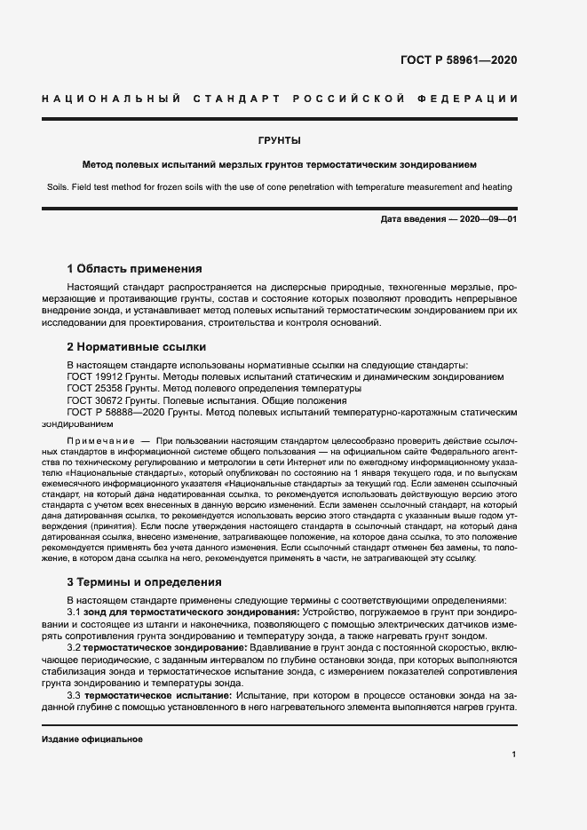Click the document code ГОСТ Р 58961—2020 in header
pyautogui.click(x=459, y=61)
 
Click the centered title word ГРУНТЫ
pyautogui.click(x=279, y=140)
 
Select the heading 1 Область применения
pyautogui.click(x=135, y=268)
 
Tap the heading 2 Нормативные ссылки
pyautogui.click(x=137, y=347)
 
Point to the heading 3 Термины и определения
pyautogui.click(x=145, y=582)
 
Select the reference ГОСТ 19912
pyautogui.click(x=93, y=377)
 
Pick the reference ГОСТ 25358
pyautogui.click(x=93, y=389)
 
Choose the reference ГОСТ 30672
pyautogui.click(x=93, y=400)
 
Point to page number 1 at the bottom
pyautogui.click(x=514, y=755)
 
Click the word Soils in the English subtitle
pyautogui.click(x=54, y=187)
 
